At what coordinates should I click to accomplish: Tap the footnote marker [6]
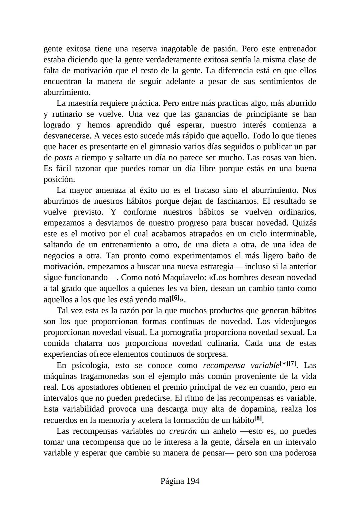176,298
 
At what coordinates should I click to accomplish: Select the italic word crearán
183,431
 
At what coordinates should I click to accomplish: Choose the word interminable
293,234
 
